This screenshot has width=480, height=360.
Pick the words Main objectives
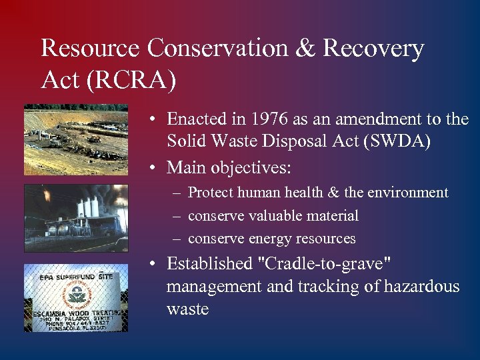point(229,167)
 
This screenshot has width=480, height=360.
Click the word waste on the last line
point(187,309)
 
